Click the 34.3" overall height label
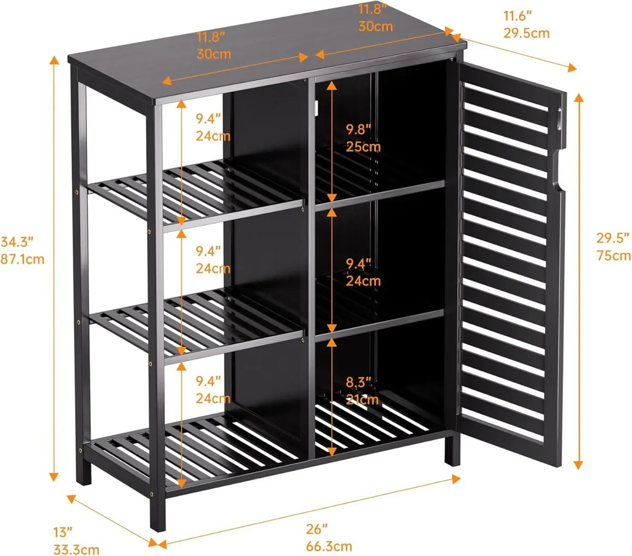click(x=17, y=242)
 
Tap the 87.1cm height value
click(x=22, y=259)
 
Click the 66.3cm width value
click(x=329, y=546)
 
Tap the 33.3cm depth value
click(x=76, y=549)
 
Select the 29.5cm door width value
click(x=526, y=33)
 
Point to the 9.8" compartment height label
click(x=359, y=129)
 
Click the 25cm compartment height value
click(x=363, y=146)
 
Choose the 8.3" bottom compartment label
click(x=359, y=382)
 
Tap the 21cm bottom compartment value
click(x=362, y=399)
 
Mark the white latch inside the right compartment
click(x=317, y=108)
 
